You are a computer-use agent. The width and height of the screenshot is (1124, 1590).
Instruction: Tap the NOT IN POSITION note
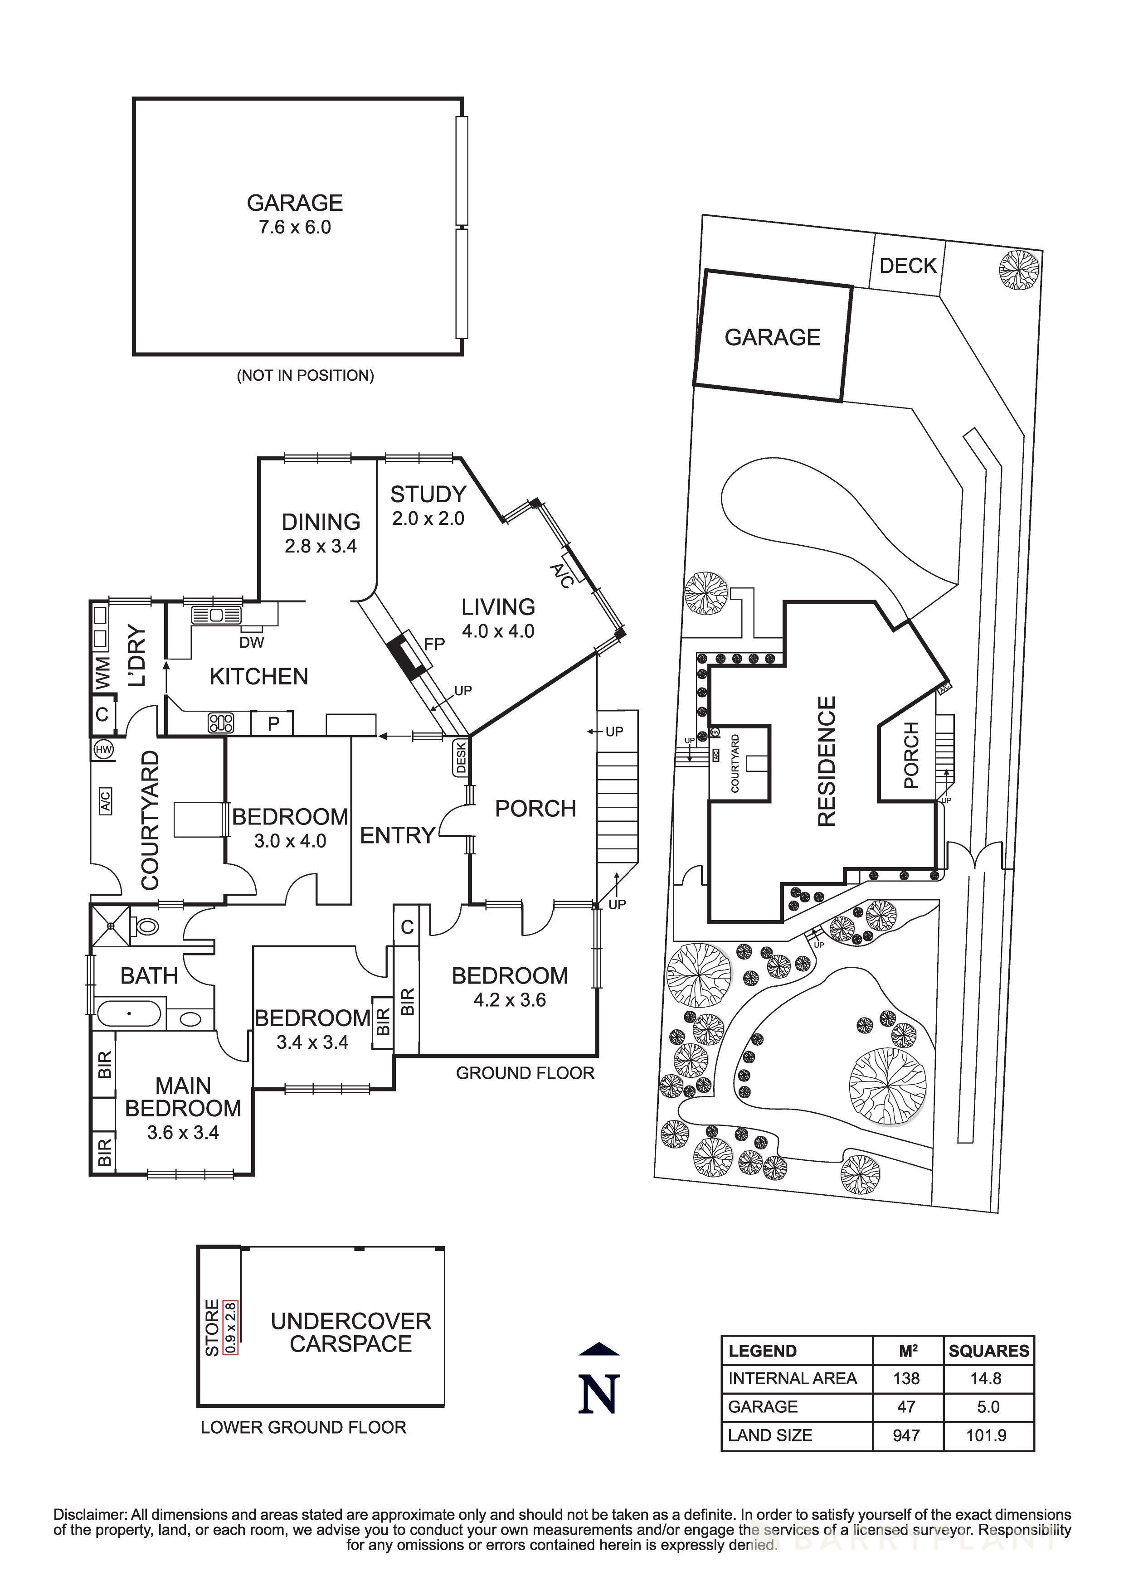(x=306, y=375)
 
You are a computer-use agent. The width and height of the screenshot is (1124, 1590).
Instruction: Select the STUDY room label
(x=428, y=494)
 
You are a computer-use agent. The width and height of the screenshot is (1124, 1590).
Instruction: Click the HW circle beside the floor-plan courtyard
(x=104, y=749)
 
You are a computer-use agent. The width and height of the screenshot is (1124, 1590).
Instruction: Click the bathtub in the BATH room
(x=130, y=1014)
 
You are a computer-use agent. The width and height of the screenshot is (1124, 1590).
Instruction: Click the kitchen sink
(x=216, y=614)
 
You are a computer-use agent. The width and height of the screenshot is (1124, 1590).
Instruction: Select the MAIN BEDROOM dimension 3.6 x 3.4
(x=183, y=1132)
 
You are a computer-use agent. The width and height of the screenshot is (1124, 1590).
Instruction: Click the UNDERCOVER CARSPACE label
(x=350, y=1333)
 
